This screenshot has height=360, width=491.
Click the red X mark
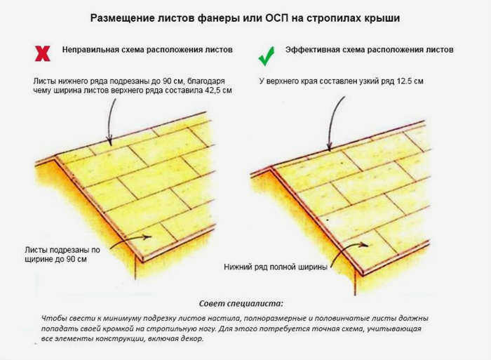coord(43,53)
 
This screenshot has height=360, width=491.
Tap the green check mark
coord(267,56)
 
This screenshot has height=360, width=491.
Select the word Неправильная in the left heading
coord(90,50)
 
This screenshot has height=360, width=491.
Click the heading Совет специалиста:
coord(241,303)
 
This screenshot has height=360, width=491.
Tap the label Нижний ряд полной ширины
coord(276,267)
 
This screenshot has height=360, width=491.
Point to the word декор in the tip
coord(192,339)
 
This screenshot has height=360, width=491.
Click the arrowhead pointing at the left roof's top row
coord(109,142)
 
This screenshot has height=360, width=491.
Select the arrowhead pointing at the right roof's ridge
coord(330,147)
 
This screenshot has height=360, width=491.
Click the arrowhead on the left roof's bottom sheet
coord(147,237)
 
